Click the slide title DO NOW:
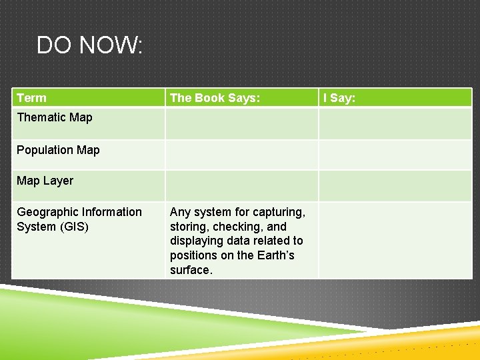[x=89, y=45]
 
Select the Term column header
[x=31, y=98]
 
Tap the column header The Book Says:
[x=215, y=98]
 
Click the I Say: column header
[x=339, y=98]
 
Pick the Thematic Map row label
[x=55, y=117]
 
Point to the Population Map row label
[x=58, y=150]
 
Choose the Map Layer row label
[x=45, y=181]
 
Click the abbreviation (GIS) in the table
[x=74, y=227]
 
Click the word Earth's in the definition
[x=271, y=255]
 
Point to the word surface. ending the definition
[x=191, y=270]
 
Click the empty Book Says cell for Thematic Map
[x=241, y=123]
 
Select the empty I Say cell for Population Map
[x=395, y=154]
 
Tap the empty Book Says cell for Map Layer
[x=241, y=185]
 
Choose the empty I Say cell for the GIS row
[x=395, y=240]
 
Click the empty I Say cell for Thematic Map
[x=395, y=123]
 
